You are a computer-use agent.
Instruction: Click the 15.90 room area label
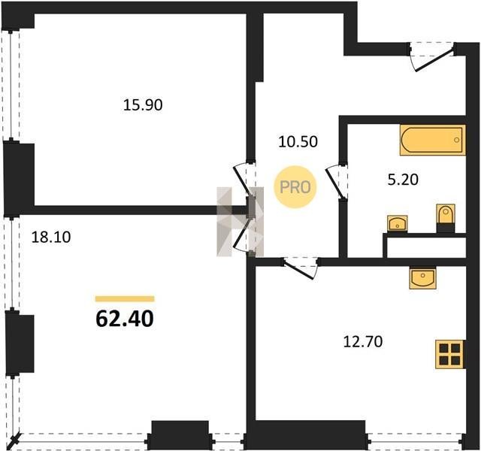point(143,105)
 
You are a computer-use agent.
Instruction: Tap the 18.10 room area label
point(51,238)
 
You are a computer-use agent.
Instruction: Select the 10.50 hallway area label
point(298,142)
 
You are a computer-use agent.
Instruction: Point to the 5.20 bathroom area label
point(403,180)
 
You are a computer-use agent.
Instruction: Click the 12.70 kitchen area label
point(363,342)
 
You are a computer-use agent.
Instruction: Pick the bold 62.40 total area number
point(125,319)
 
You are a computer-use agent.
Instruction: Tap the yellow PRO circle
point(295,187)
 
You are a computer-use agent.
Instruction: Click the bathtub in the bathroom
point(433,140)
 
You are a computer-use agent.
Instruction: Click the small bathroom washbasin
point(398,224)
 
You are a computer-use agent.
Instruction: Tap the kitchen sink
point(422,277)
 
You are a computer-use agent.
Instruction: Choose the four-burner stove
point(450,354)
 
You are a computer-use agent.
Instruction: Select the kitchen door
point(301,268)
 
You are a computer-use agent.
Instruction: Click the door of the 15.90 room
point(244,181)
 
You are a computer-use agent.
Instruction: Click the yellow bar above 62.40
point(125,299)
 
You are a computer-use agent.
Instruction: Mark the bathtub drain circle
point(456,140)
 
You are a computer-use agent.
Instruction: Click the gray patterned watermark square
point(240,222)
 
